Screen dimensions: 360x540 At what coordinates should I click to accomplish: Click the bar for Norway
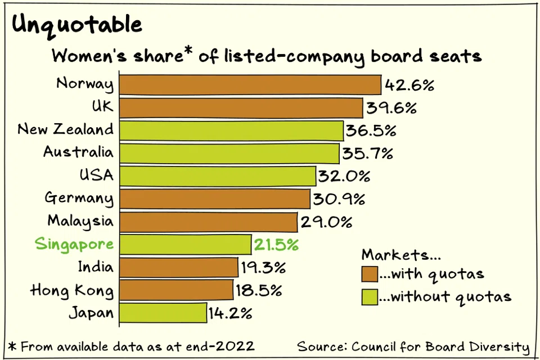(x=250, y=85)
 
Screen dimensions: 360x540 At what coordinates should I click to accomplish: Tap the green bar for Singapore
(x=186, y=245)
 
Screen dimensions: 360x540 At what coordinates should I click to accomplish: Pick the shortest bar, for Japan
(x=163, y=313)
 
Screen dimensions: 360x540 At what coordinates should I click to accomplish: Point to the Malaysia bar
(x=209, y=222)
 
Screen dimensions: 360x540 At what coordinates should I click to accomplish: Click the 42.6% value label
(x=409, y=86)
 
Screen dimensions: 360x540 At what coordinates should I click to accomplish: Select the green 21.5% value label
(x=277, y=245)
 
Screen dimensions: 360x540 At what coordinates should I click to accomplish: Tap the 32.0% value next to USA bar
(x=344, y=177)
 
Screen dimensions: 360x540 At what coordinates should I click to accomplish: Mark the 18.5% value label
(x=258, y=291)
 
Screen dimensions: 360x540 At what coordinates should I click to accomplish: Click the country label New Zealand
(x=65, y=129)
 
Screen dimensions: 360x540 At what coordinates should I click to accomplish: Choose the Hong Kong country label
(x=71, y=291)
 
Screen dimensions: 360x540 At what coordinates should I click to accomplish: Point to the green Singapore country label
(x=74, y=245)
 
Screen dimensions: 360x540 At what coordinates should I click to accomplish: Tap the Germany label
(x=79, y=199)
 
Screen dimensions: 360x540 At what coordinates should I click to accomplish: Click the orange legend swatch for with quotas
(x=369, y=274)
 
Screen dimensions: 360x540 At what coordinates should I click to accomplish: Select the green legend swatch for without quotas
(x=369, y=296)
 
